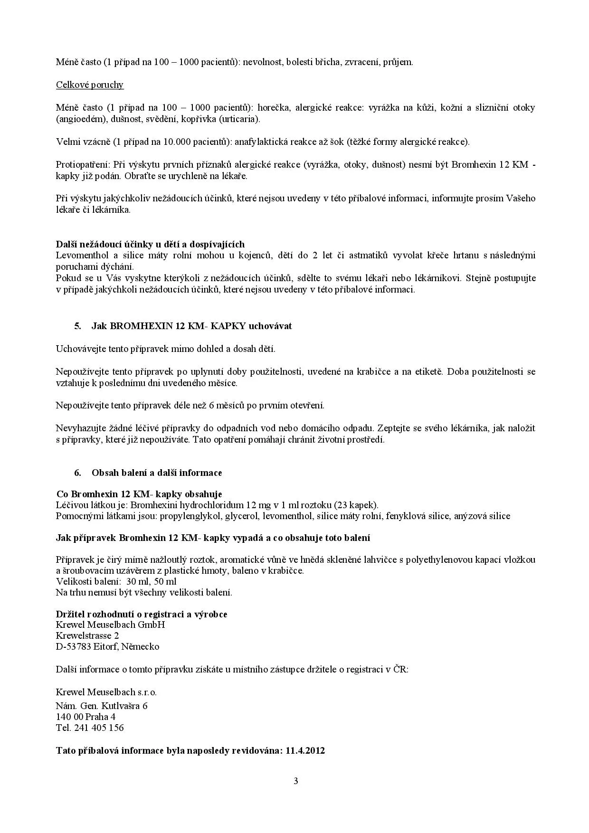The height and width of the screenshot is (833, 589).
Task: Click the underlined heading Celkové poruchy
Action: [x=90, y=85]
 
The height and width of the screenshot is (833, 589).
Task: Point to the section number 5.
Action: [x=77, y=326]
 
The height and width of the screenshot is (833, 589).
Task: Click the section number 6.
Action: [x=77, y=473]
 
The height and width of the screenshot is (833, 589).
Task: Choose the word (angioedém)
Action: [x=76, y=119]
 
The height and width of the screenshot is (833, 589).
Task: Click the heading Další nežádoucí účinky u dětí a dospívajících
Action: [x=150, y=244]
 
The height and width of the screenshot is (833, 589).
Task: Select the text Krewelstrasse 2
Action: [x=87, y=635]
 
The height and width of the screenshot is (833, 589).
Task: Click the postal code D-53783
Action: [x=74, y=646]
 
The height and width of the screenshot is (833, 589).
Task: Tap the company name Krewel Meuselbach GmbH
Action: [x=110, y=625]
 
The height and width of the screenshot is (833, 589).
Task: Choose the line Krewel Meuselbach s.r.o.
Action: [x=106, y=692]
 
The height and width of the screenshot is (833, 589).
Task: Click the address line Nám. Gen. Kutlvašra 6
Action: [x=102, y=706]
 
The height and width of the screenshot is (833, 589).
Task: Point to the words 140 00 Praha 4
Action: [x=86, y=717]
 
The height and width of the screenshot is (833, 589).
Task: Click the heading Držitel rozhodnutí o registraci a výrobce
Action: [x=142, y=614]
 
